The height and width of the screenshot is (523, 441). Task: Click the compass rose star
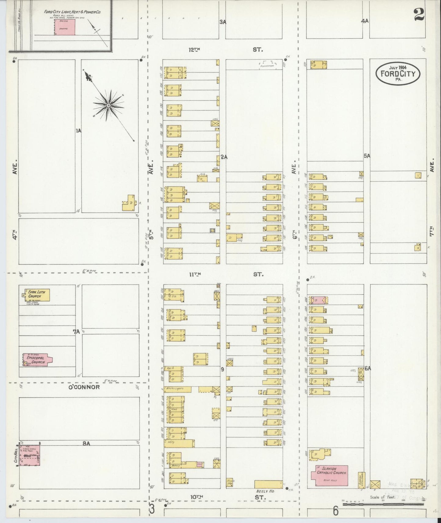(x=108, y=106)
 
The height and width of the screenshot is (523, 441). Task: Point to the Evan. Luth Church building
(x=37, y=295)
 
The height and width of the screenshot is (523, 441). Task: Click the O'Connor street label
(x=84, y=387)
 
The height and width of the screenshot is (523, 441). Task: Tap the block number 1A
(x=78, y=131)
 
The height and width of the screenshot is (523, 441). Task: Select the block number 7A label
(x=76, y=332)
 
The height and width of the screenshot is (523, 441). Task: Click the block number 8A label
(x=86, y=444)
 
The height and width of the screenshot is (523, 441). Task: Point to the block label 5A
(x=367, y=156)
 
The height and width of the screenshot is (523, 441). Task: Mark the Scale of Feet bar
(x=383, y=504)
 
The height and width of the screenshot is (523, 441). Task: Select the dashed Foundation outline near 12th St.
(x=268, y=65)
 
